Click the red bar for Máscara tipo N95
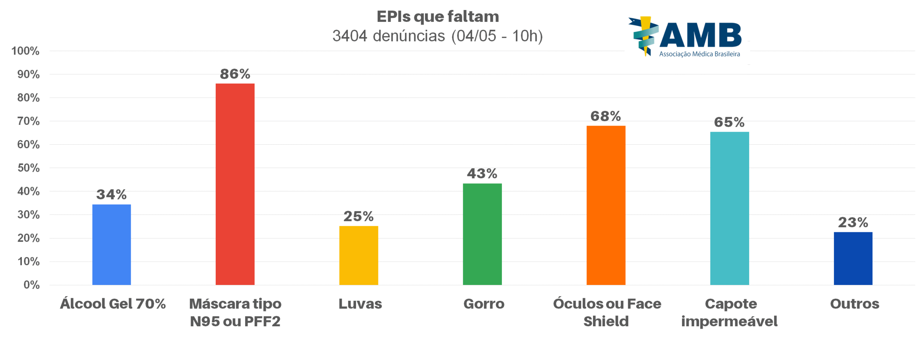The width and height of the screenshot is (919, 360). (x=235, y=184)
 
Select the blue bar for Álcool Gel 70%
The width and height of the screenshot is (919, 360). (x=111, y=244)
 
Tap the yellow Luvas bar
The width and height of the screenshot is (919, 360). (x=358, y=255)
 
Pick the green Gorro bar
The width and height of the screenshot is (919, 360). (x=482, y=234)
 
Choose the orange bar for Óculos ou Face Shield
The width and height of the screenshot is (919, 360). (x=606, y=205)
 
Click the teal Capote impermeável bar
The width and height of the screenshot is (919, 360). (x=729, y=208)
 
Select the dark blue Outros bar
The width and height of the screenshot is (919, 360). (x=853, y=258)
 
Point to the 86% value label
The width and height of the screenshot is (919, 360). (x=235, y=74)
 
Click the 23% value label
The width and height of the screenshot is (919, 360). (x=853, y=223)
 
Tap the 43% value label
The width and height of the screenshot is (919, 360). (x=482, y=174)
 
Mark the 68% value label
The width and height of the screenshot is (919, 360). (x=606, y=116)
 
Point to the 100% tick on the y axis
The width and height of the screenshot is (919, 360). (x=25, y=51)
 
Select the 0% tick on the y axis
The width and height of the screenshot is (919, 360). (x=31, y=285)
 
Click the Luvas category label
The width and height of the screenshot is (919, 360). (x=360, y=304)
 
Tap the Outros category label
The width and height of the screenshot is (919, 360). (x=854, y=304)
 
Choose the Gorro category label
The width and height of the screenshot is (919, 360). (x=484, y=304)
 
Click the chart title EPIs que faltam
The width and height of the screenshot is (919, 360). (x=438, y=17)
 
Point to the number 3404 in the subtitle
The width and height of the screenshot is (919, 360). (x=350, y=36)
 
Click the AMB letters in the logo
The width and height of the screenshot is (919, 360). (x=700, y=35)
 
